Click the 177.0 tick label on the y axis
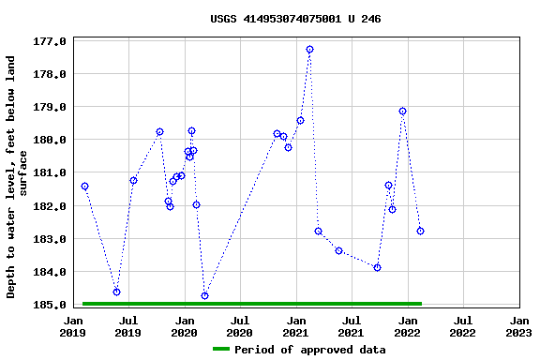[x=49, y=41]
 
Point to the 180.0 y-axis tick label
[x=49, y=140]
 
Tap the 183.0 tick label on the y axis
[x=49, y=239]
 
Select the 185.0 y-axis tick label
[x=49, y=305]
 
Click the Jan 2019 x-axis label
[x=73, y=325]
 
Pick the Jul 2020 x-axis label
[x=240, y=325]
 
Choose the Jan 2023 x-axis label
[x=518, y=325]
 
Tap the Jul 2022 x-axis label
[x=462, y=325]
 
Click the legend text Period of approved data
[x=309, y=350]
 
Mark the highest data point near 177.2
[x=309, y=49]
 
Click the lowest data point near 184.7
[x=204, y=295]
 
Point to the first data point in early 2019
[x=84, y=186]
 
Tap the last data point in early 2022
[x=420, y=231]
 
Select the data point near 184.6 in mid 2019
[x=116, y=292]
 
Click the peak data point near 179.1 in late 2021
[x=402, y=111]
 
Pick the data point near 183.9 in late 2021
[x=377, y=267]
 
